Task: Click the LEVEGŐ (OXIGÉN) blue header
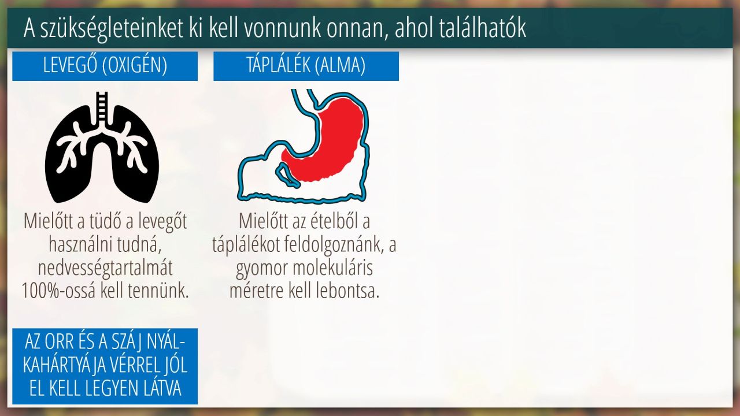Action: pyautogui.click(x=105, y=66)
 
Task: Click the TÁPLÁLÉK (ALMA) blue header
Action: pyautogui.click(x=306, y=66)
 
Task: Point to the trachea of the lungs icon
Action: pyautogui.click(x=102, y=107)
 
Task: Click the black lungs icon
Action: pyautogui.click(x=102, y=147)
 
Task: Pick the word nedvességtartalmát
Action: pyautogui.click(x=105, y=268)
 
